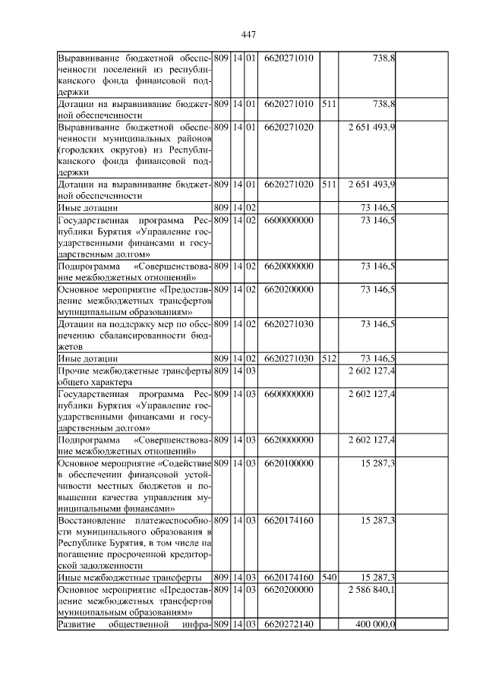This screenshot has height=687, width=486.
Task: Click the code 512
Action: [x=329, y=358]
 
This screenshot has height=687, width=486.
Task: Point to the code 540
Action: [x=329, y=578]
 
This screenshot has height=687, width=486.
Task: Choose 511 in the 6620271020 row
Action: [x=329, y=184]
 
